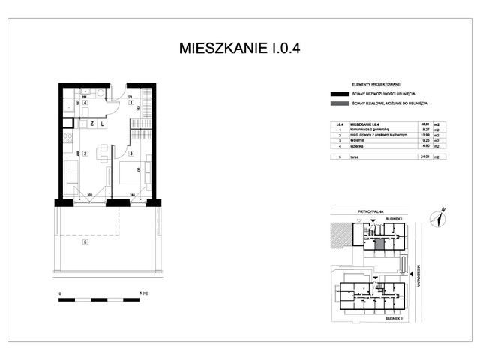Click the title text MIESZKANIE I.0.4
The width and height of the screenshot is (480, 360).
coord(240,49)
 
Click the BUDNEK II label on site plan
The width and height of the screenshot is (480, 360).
coord(394,317)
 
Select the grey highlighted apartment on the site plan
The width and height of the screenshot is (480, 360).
coord(379,243)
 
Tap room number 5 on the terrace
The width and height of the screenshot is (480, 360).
coord(85,241)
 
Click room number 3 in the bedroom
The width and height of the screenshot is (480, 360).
coord(130,154)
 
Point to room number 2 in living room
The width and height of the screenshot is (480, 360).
coord(85,154)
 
